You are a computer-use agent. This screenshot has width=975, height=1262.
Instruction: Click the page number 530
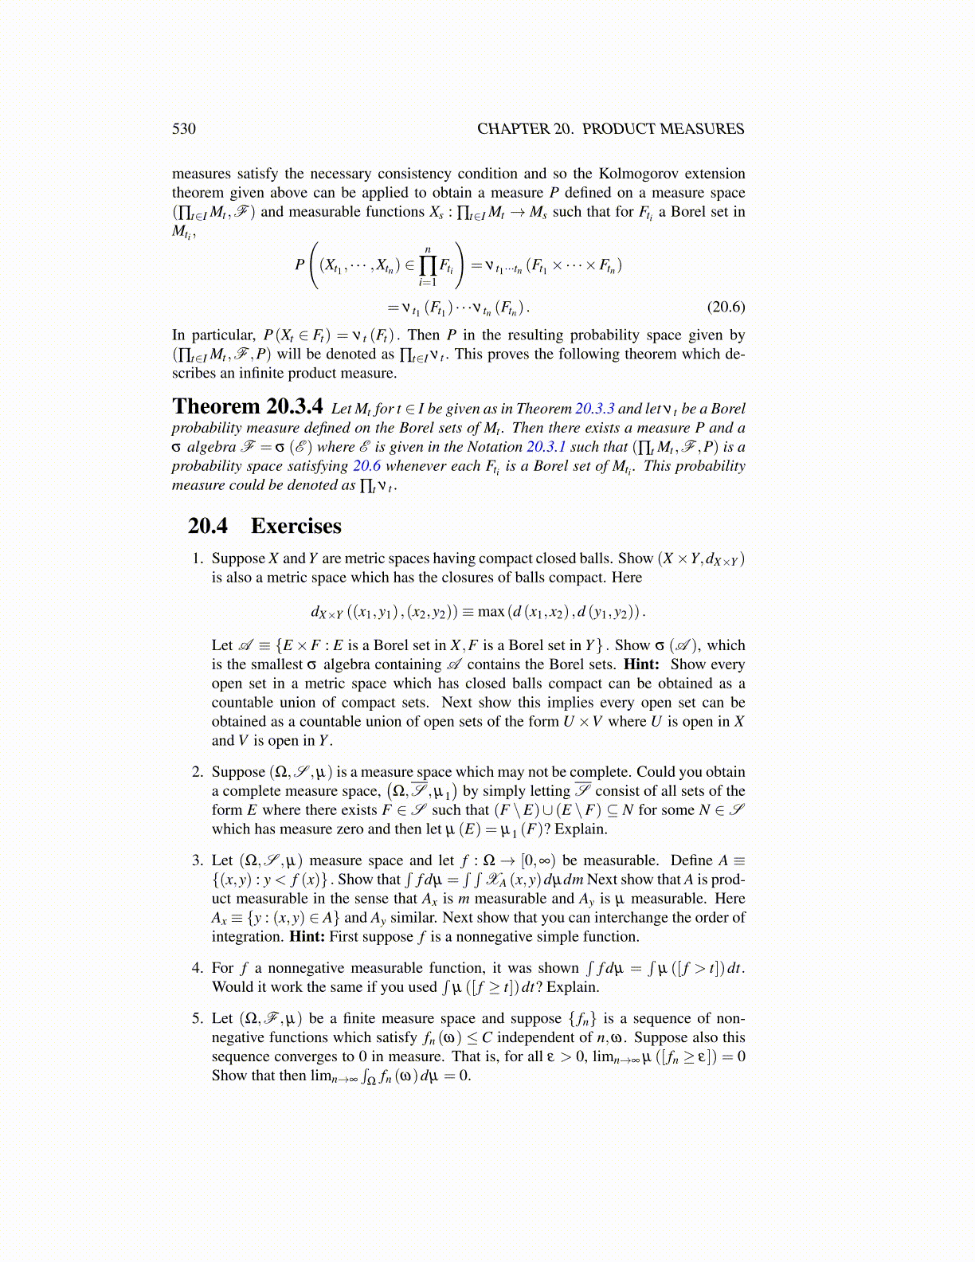tap(183, 129)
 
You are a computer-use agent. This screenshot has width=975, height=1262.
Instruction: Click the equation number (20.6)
tap(726, 307)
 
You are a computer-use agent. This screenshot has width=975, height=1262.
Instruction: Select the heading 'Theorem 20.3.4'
tap(248, 407)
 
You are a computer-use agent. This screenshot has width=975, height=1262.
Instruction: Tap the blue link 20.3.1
tap(546, 447)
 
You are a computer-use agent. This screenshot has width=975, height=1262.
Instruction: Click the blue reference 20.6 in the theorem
tap(367, 466)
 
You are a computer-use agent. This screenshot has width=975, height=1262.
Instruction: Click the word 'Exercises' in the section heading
tap(296, 526)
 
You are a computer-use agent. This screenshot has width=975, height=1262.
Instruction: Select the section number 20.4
tap(208, 526)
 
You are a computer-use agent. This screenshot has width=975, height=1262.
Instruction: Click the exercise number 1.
tap(198, 558)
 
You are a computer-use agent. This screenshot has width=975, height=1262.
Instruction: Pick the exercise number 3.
tap(198, 860)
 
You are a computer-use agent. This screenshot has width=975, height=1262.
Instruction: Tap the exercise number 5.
tap(198, 1018)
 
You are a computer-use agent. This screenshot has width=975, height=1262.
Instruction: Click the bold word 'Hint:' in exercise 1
tap(641, 664)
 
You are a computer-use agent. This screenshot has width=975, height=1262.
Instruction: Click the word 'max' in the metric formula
tap(491, 612)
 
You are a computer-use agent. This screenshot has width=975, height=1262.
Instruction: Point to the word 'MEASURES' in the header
tap(703, 129)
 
